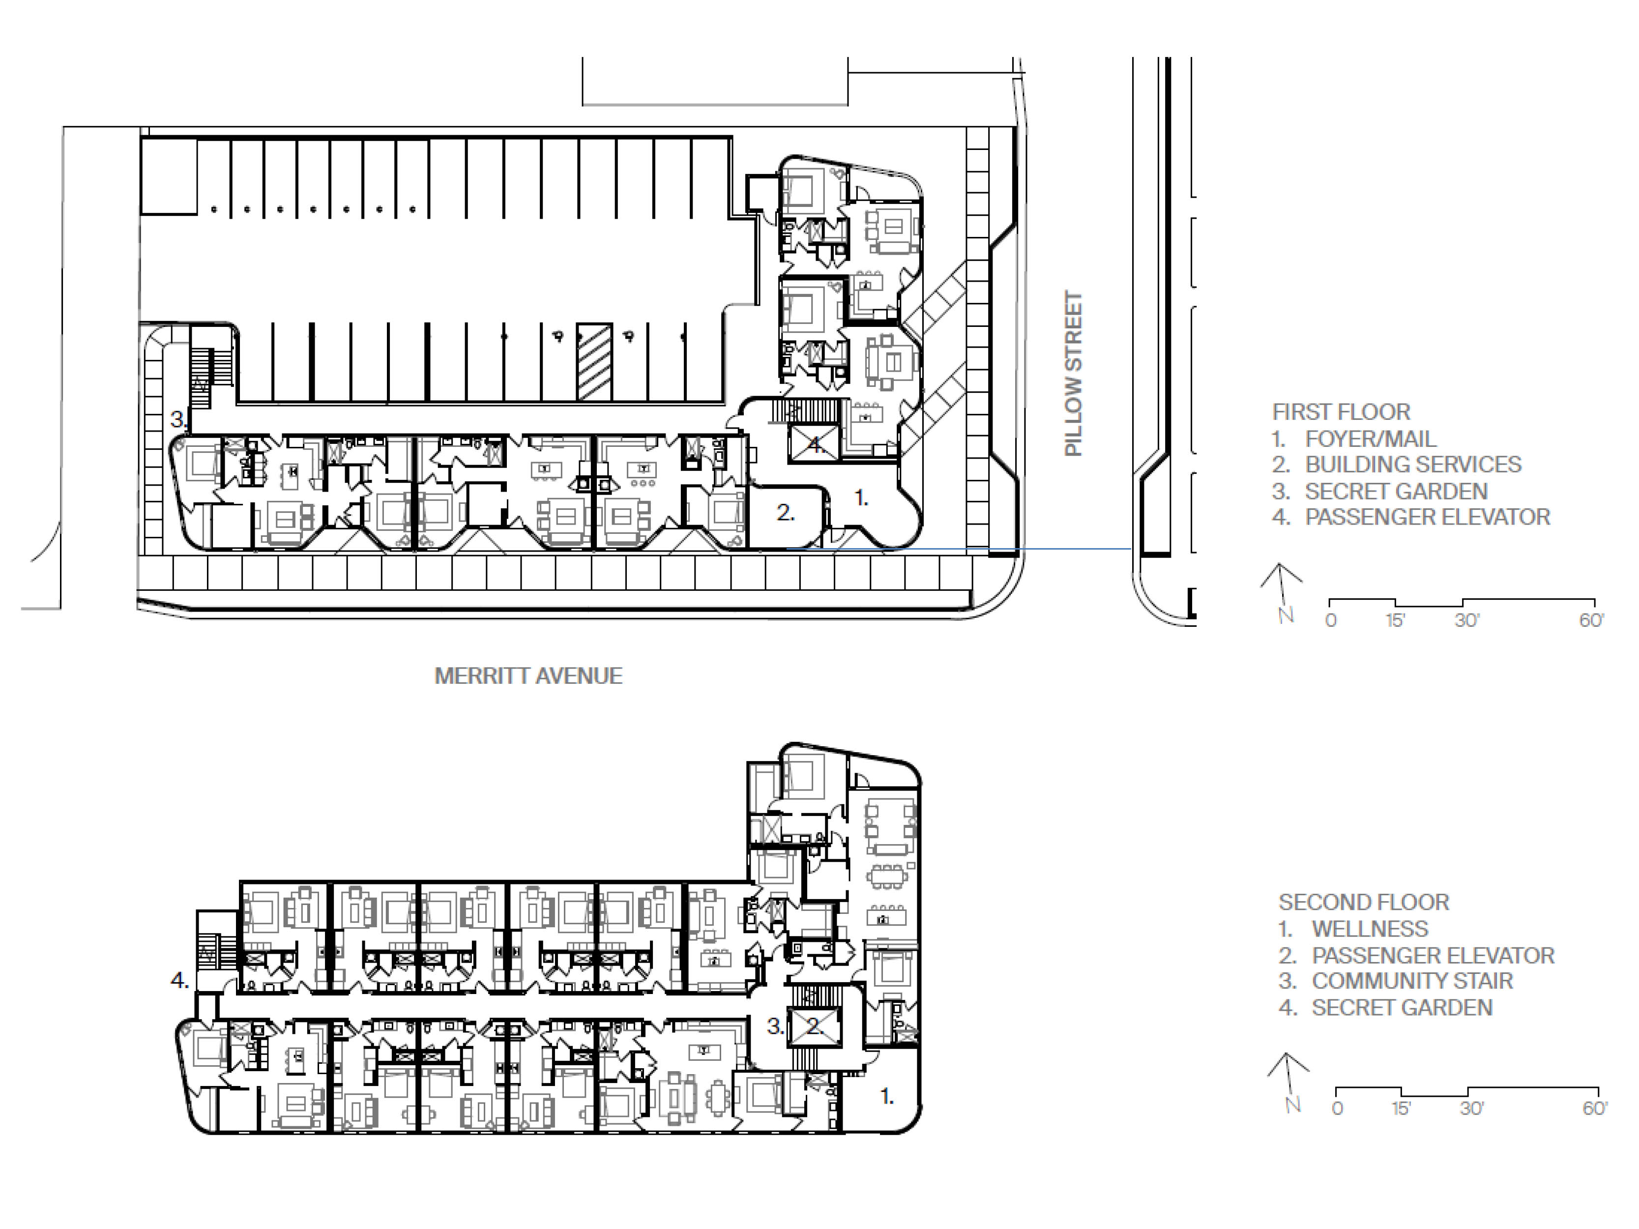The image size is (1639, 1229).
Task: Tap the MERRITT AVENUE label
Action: [x=528, y=675]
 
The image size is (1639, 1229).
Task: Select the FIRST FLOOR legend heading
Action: [x=1341, y=412]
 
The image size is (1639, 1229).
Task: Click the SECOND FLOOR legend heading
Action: [x=1363, y=902]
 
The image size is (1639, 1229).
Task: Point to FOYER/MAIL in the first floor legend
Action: [x=1371, y=439]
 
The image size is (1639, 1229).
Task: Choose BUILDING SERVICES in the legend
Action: [x=1413, y=465]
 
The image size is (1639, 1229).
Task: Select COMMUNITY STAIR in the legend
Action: [x=1412, y=981]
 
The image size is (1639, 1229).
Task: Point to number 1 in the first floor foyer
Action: [x=861, y=498]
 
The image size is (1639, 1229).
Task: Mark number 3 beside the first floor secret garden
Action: [x=178, y=419]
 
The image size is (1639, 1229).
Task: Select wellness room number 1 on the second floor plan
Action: [x=886, y=1096]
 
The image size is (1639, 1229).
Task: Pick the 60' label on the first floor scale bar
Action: [x=1591, y=621]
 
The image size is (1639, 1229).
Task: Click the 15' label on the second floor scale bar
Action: [x=1401, y=1108]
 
